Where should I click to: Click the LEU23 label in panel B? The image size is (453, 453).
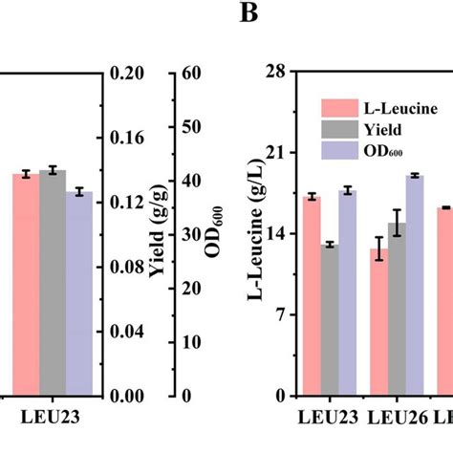pyautogui.click(x=330, y=417)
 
